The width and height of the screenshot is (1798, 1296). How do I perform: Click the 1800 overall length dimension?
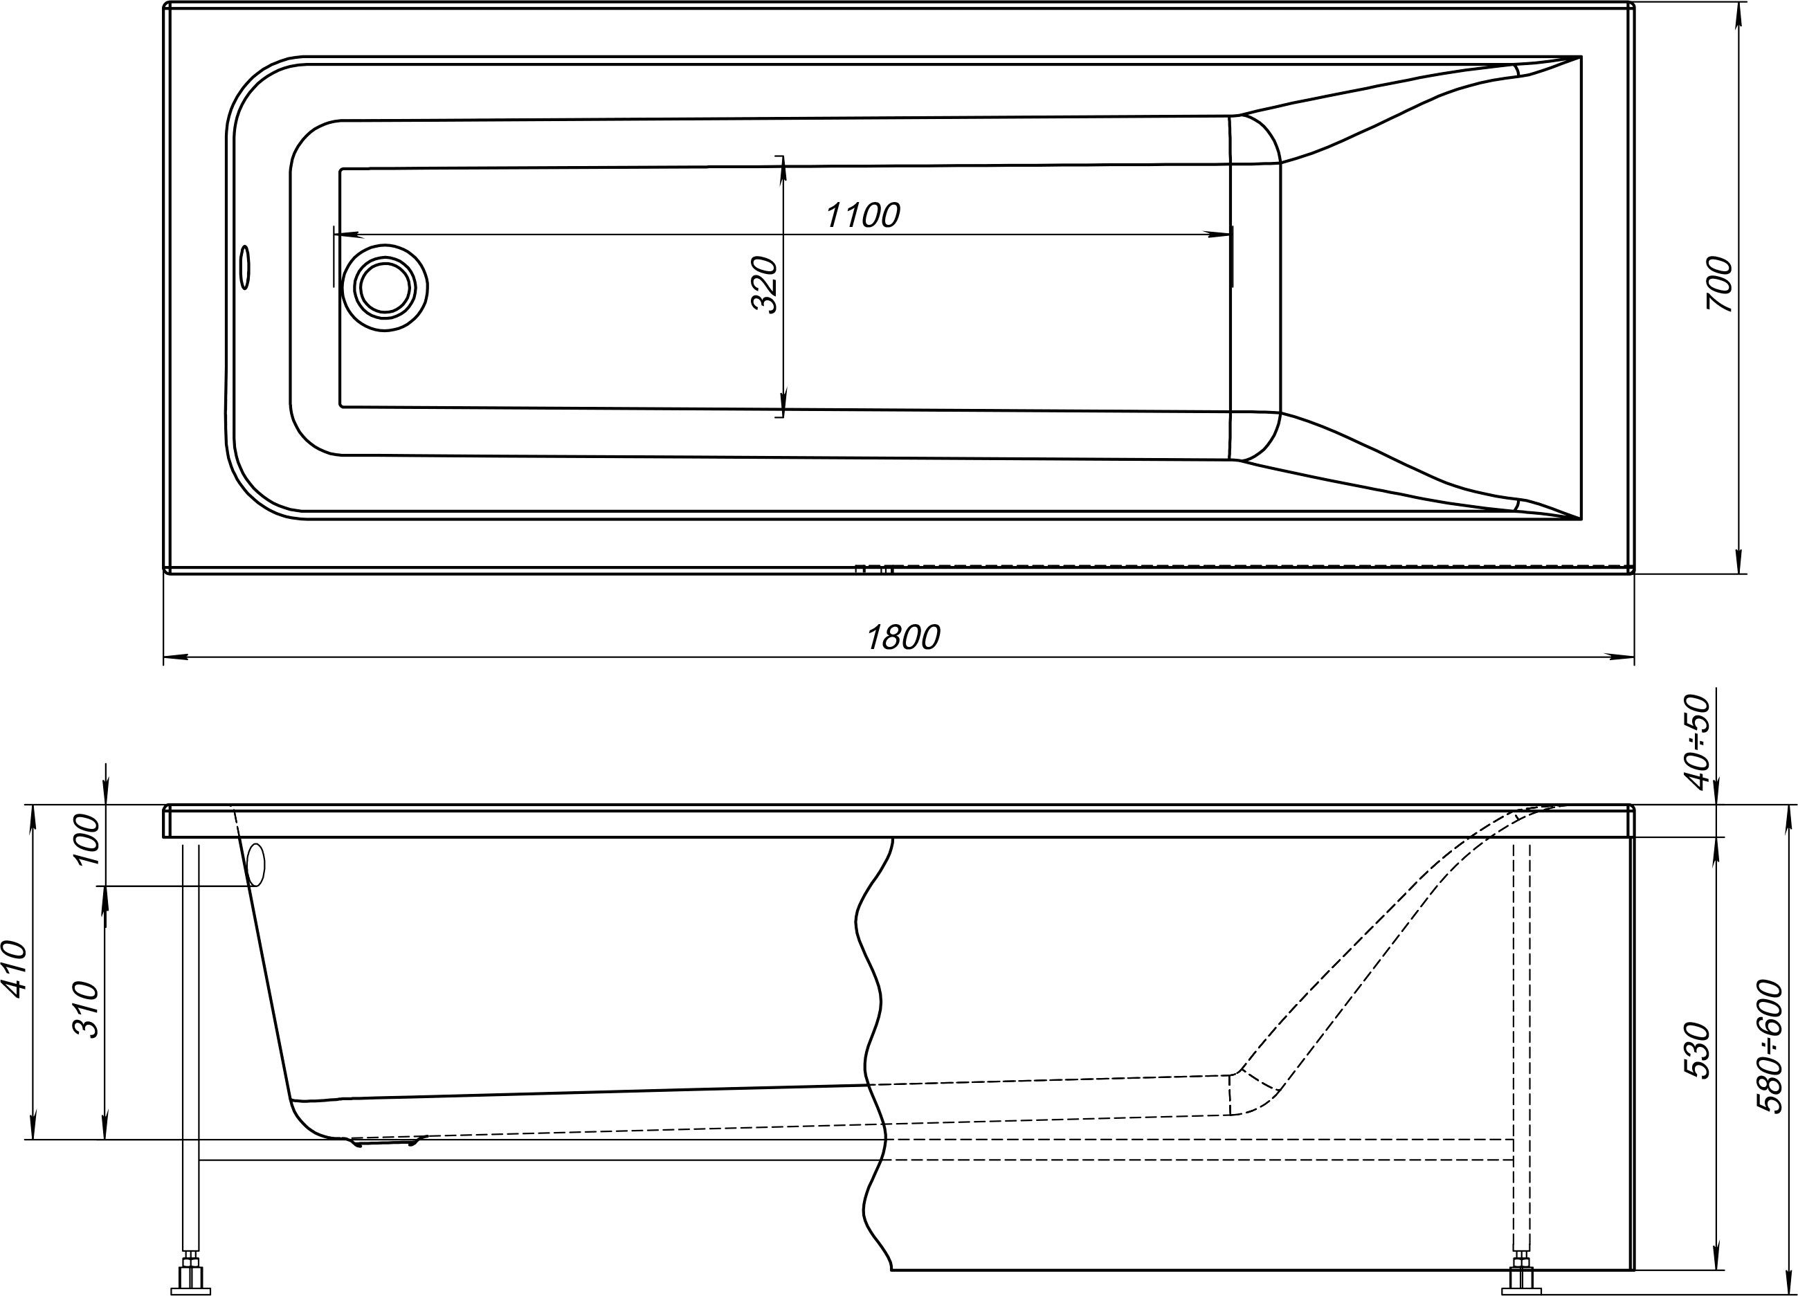tap(902, 637)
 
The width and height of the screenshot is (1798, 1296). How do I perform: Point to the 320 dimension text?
tap(765, 284)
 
